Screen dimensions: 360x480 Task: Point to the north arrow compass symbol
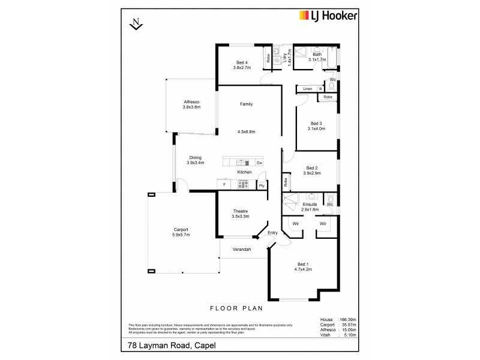point(136,24)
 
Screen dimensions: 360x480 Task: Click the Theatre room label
point(240,212)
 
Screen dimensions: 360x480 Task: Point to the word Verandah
point(242,249)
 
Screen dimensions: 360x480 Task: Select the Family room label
point(246,104)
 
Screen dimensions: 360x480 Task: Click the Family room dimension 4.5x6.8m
point(246,131)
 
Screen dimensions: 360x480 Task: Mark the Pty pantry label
point(262,186)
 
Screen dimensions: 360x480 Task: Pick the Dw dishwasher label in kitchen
point(259,163)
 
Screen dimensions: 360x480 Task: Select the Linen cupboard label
point(308,89)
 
